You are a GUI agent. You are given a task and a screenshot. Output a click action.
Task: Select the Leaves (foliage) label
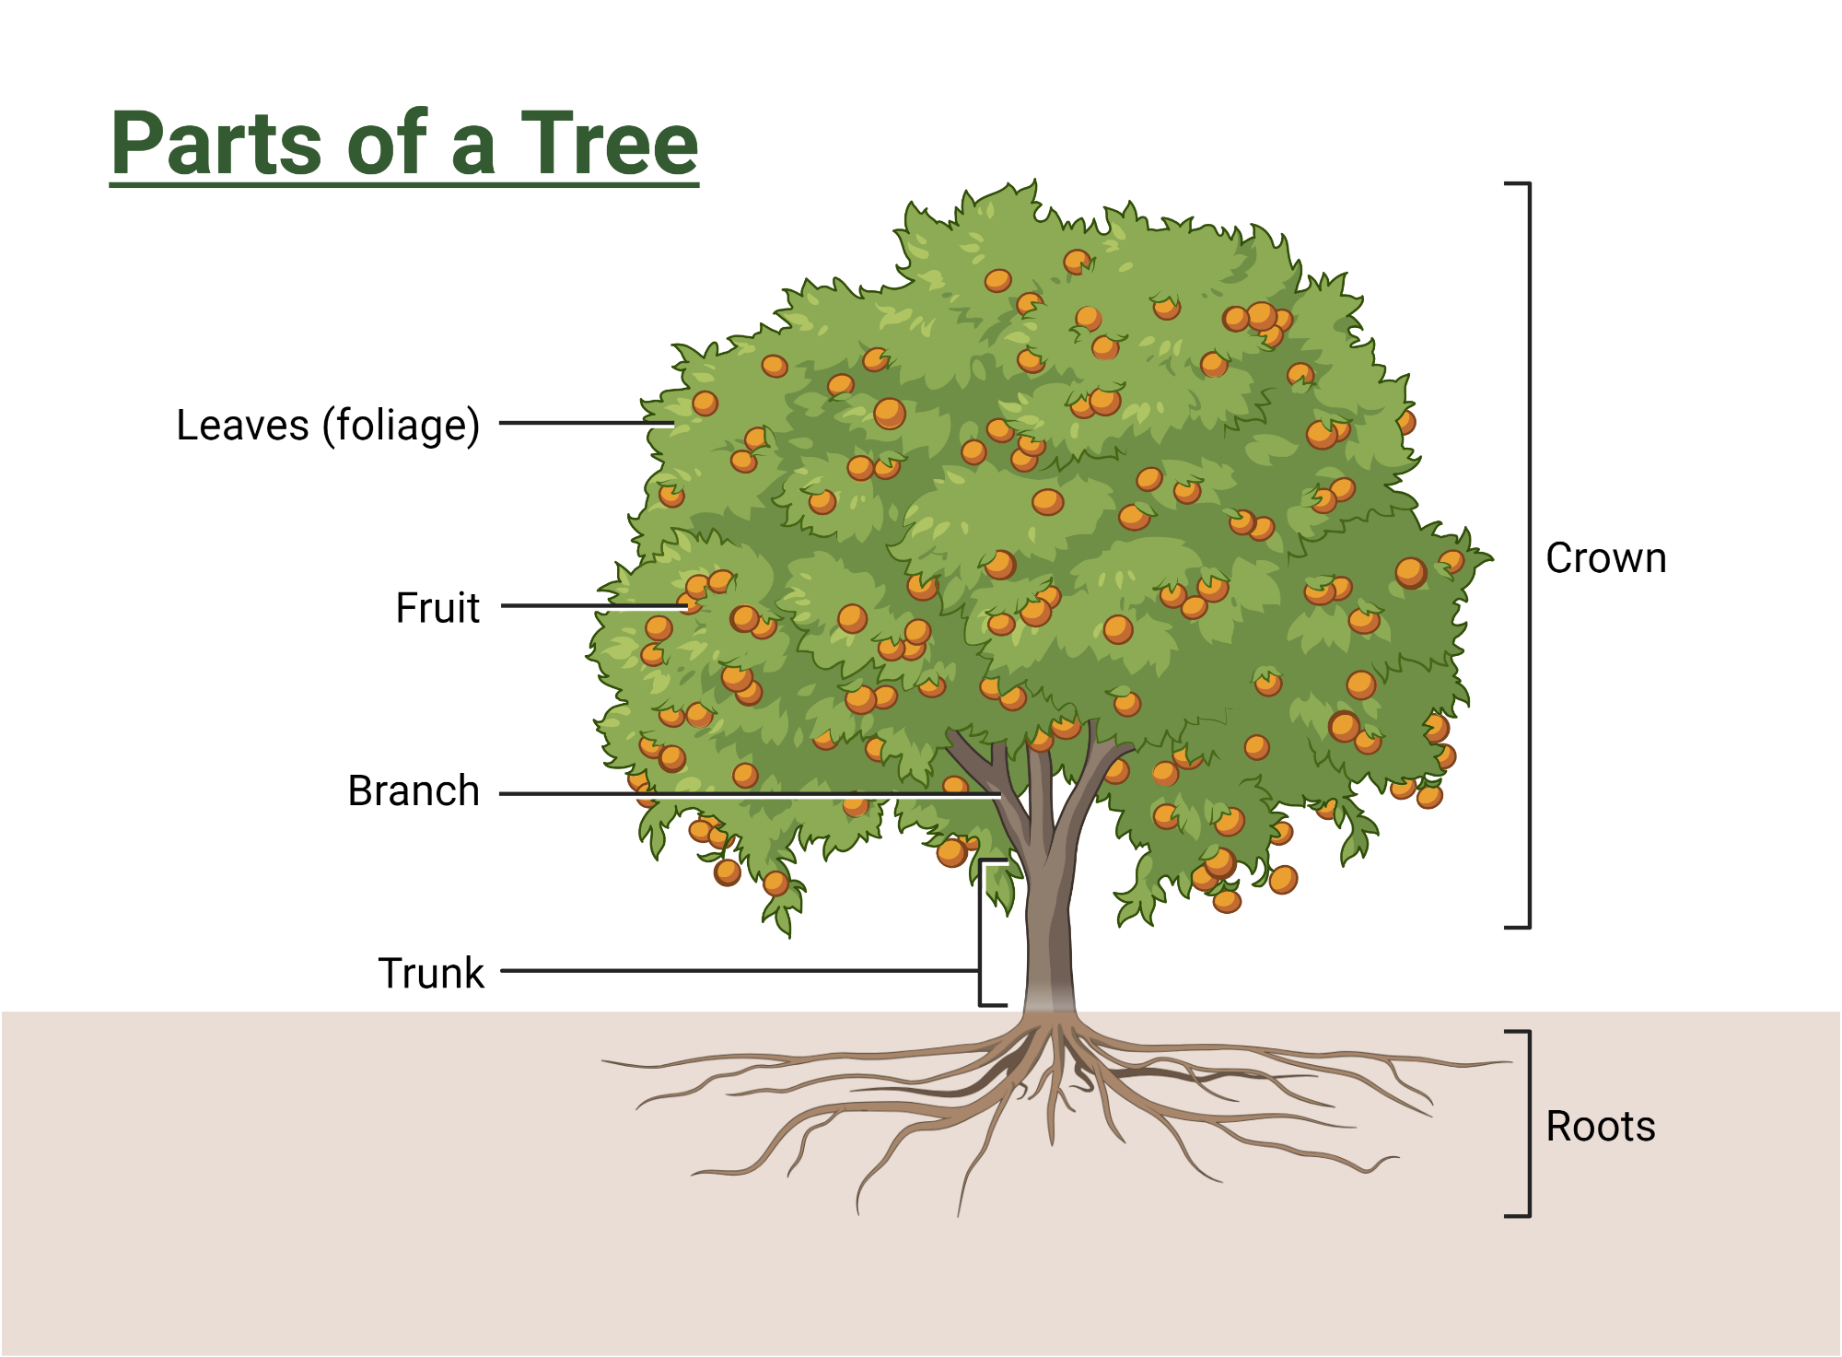pyautogui.click(x=328, y=426)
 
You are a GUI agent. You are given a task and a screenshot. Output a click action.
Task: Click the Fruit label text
pyautogui.click(x=437, y=608)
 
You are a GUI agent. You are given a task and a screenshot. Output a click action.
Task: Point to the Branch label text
pyautogui.click(x=414, y=790)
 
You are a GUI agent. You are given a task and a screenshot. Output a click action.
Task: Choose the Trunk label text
pyautogui.click(x=431, y=973)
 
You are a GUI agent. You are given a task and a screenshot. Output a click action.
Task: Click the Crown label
pyautogui.click(x=1605, y=558)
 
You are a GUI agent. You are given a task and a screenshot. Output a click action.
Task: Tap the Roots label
pyautogui.click(x=1600, y=1126)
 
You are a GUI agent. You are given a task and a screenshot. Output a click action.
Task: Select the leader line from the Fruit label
pyautogui.click(x=589, y=606)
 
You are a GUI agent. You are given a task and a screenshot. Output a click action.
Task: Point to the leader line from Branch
pyautogui.click(x=737, y=793)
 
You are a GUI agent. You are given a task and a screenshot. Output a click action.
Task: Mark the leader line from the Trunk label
pyautogui.click(x=737, y=970)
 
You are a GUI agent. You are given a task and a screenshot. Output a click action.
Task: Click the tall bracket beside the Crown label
pyautogui.click(x=1529, y=553)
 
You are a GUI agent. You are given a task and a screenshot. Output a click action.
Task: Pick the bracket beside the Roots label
pyautogui.click(x=1529, y=1124)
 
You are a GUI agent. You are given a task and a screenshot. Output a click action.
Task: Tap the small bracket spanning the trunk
pyautogui.click(x=981, y=930)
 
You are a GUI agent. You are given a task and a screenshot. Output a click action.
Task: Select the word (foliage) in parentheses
pyautogui.click(x=401, y=426)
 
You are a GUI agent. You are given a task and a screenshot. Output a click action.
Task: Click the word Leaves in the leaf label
pyautogui.click(x=242, y=426)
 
